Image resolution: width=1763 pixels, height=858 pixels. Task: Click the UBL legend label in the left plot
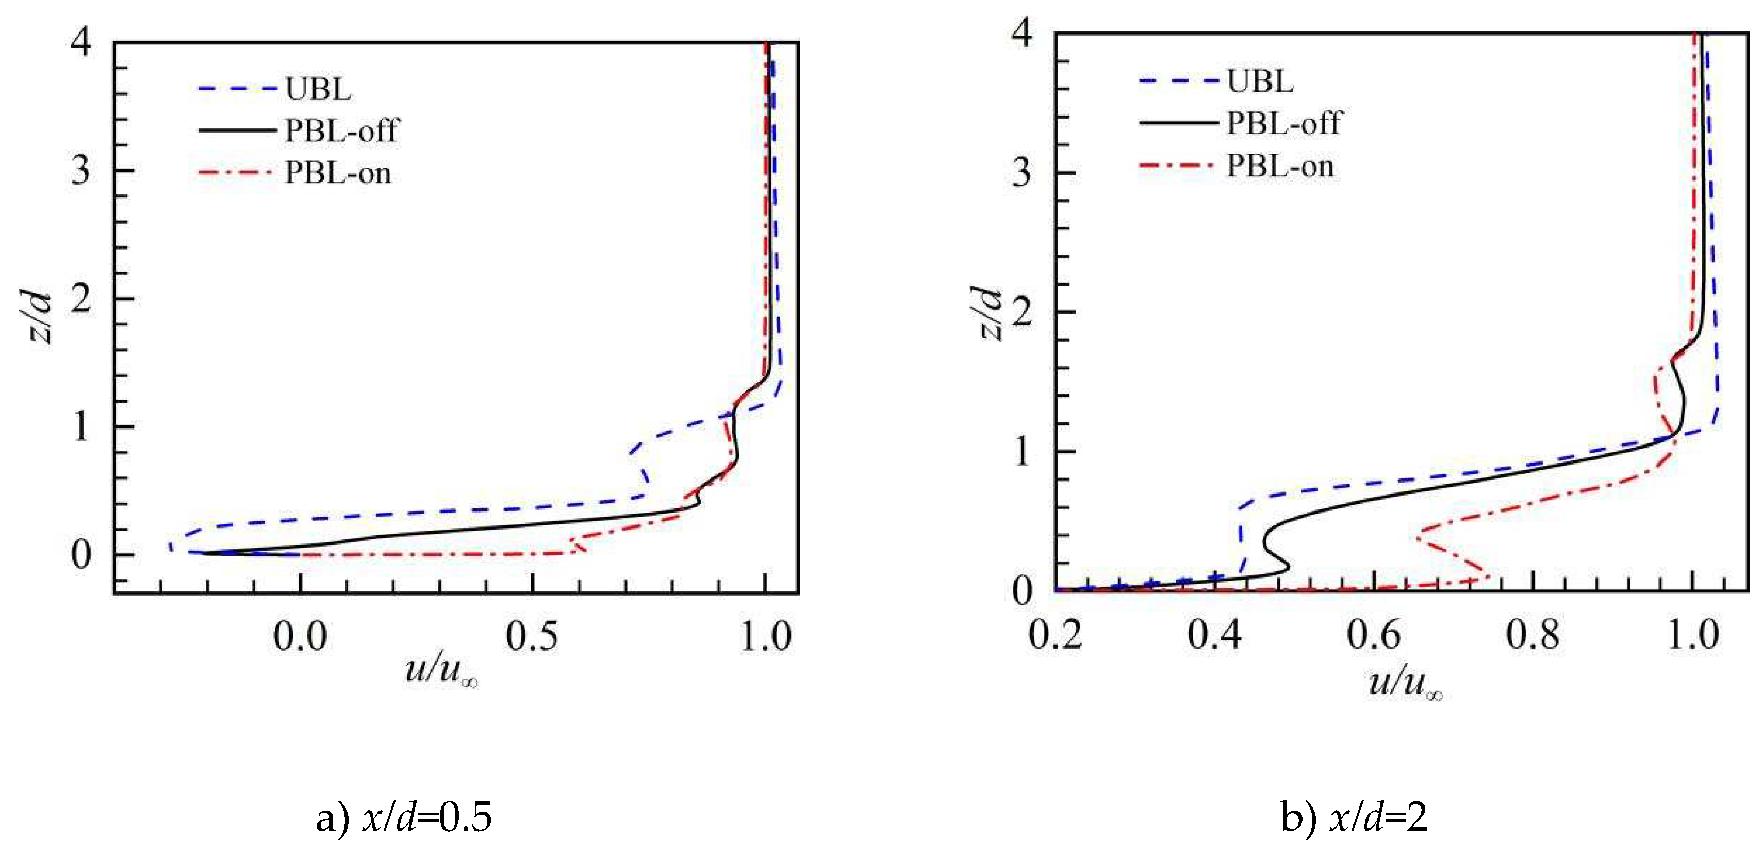(x=318, y=89)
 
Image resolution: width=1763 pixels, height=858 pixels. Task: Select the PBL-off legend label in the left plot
(x=341, y=130)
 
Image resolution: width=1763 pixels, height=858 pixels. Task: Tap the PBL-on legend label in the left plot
(x=338, y=172)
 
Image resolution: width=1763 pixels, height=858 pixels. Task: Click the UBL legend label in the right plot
(x=1260, y=81)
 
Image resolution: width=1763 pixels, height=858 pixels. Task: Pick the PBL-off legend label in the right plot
(x=1284, y=123)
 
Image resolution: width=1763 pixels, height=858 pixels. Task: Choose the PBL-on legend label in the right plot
(x=1280, y=166)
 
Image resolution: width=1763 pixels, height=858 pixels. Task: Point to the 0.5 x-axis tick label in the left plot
(x=532, y=636)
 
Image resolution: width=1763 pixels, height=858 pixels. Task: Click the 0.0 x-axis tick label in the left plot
(x=300, y=636)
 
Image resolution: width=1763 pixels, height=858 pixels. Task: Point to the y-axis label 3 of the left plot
(x=81, y=170)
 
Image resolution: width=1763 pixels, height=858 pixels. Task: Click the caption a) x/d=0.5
(x=404, y=817)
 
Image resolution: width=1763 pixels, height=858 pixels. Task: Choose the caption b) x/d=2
(x=1354, y=817)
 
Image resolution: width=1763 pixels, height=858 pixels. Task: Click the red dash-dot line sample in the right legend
(x=1177, y=166)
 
